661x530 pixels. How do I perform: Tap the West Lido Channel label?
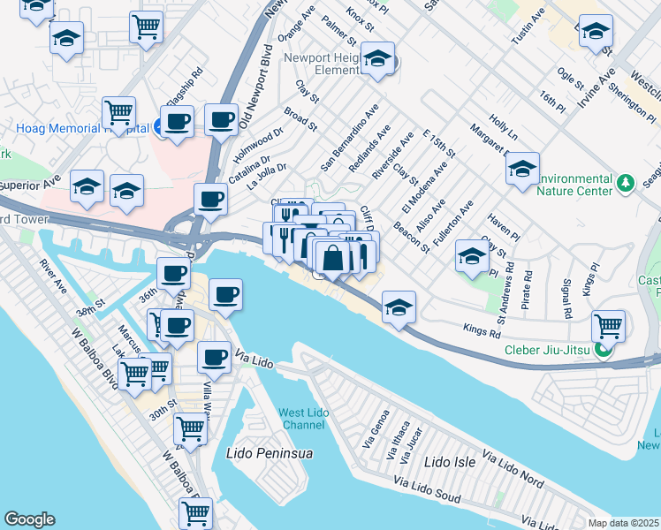click(306, 419)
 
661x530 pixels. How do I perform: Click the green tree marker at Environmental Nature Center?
click(626, 183)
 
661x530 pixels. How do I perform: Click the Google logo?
click(29, 519)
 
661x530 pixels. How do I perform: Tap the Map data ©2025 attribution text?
click(623, 523)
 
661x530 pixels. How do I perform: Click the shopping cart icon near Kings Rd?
click(608, 325)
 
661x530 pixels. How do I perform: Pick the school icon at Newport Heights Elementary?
click(378, 59)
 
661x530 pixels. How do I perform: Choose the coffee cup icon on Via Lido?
click(213, 357)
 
